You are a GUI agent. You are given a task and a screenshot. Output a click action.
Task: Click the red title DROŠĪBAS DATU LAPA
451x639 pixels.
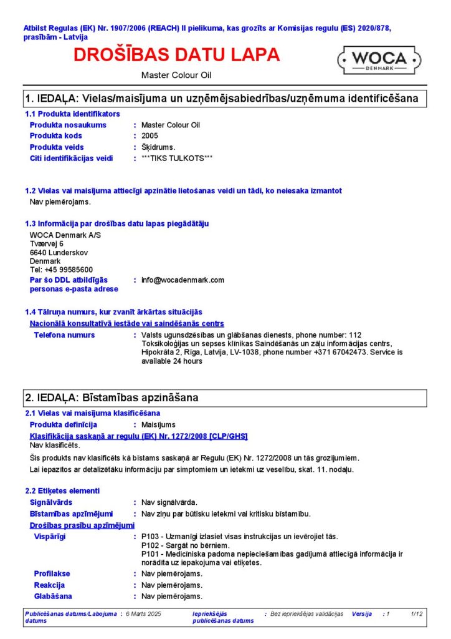[x=177, y=55]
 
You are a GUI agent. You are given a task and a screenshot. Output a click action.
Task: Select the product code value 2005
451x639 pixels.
[x=150, y=135]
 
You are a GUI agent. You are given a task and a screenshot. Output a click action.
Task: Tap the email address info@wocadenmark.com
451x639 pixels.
[x=183, y=280]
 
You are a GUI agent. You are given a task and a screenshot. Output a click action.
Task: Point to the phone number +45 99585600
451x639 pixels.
[x=61, y=270]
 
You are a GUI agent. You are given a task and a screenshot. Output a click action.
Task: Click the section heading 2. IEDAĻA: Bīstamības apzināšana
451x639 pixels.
[x=112, y=398]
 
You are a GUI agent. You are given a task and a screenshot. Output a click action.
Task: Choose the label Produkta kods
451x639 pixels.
[x=56, y=135]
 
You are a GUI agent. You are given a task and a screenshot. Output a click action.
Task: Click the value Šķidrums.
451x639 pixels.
[x=158, y=147]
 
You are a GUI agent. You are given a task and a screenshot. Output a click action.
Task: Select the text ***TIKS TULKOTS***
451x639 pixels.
[x=177, y=158]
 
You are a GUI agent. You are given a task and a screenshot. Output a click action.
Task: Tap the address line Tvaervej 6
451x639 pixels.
[x=47, y=243]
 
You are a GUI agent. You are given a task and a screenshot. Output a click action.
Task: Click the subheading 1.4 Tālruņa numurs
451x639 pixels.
[x=113, y=311]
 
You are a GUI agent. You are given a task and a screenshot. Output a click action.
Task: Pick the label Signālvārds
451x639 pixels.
[x=51, y=502]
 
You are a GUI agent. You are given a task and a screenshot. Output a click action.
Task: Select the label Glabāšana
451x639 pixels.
[x=53, y=596]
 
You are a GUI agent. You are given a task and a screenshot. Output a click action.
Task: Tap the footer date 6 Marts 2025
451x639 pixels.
[x=143, y=614]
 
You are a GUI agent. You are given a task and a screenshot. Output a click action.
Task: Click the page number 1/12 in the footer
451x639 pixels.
[x=417, y=614]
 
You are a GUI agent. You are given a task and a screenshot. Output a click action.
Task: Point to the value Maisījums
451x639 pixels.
[x=158, y=424]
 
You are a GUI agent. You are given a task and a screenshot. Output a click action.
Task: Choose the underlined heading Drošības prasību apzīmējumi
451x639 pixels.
[x=82, y=525]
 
